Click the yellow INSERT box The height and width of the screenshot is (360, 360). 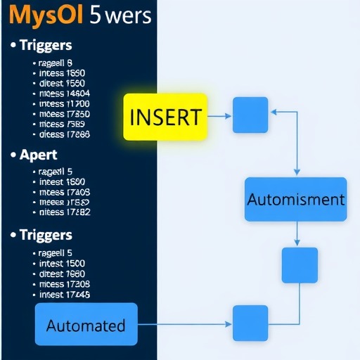coord(165,115)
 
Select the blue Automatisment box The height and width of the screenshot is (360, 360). coord(295,199)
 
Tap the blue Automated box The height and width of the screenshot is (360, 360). coord(86,325)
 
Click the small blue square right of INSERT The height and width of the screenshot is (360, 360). coord(250,114)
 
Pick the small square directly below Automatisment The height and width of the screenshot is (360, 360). coord(300,265)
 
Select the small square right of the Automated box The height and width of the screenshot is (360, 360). coord(250,323)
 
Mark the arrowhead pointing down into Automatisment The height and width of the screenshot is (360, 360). coord(296,172)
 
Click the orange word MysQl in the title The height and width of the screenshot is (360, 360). coord(42,16)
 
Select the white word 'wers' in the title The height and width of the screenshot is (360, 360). coord(125,16)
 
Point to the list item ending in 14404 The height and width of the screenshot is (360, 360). coord(63,93)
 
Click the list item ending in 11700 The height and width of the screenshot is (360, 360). coord(63,103)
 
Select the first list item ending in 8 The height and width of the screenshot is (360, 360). coord(59,63)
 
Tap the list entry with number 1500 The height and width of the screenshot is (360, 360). coord(63,263)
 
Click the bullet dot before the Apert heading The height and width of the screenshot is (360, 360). coord(13,155)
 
